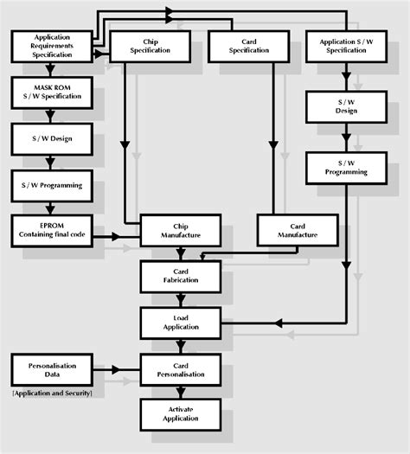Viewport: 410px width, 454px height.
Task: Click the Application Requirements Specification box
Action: point(52,46)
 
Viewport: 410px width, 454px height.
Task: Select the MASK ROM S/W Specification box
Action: point(52,91)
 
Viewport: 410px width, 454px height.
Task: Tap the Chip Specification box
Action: point(149,46)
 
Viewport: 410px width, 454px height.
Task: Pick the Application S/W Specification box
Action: point(345,46)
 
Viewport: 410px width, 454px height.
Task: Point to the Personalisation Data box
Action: point(52,370)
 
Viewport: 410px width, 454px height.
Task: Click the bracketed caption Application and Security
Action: point(52,393)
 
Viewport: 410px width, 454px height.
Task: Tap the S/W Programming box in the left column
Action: point(52,184)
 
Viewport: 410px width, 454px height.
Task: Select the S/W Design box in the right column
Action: point(345,106)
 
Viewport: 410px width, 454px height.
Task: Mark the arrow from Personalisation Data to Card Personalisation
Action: point(117,370)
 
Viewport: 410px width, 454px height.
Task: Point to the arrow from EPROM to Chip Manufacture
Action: point(117,235)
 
